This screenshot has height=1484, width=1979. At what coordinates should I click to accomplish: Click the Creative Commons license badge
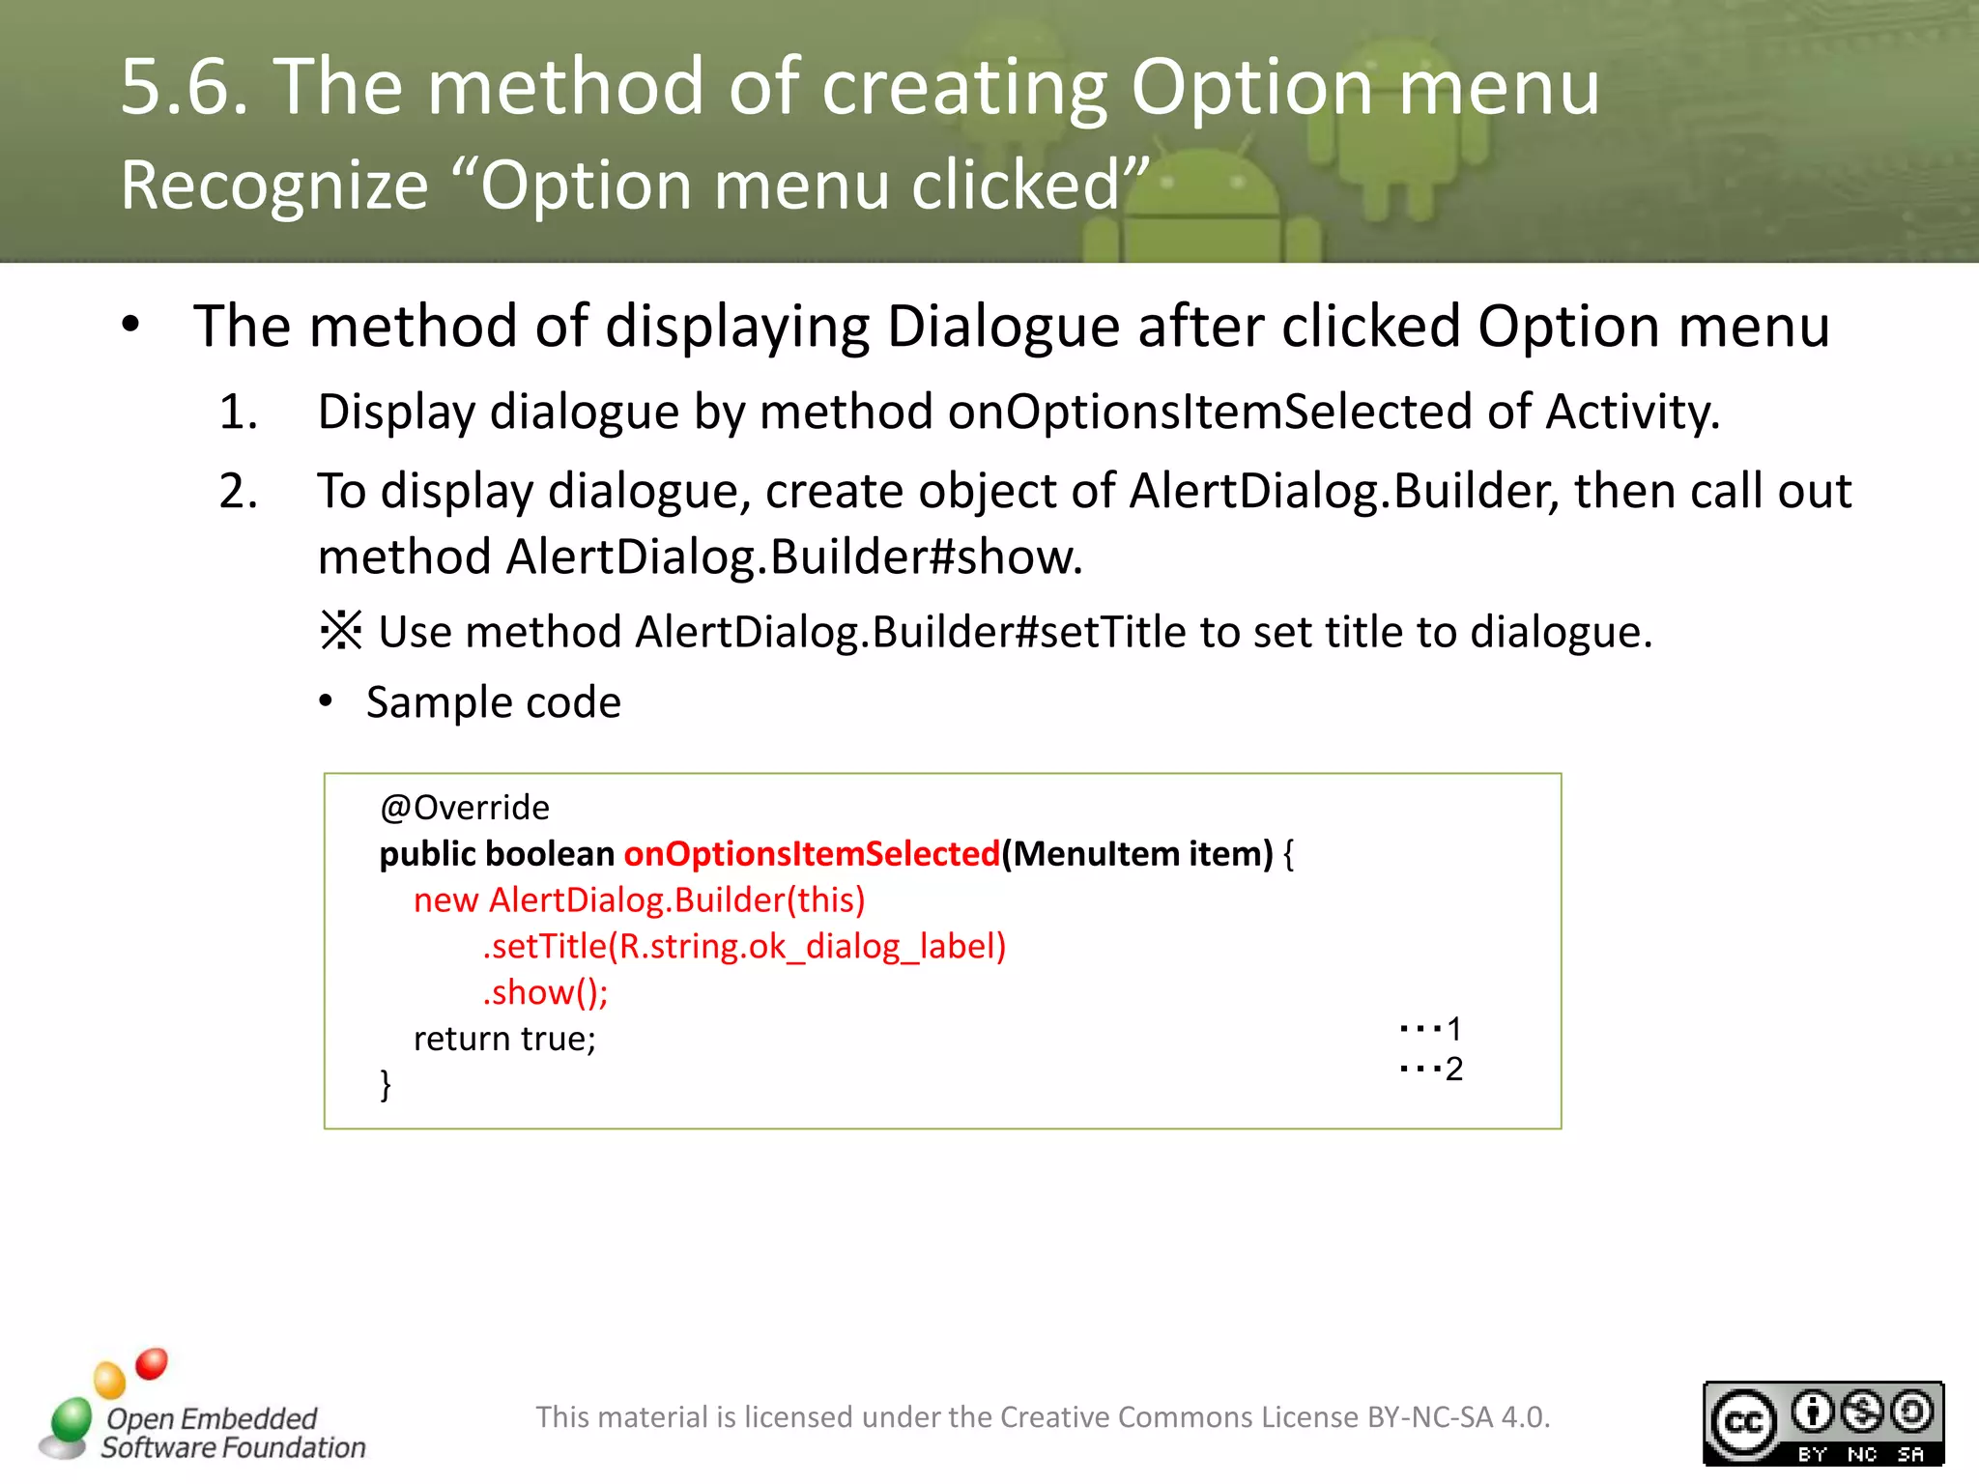[1822, 1422]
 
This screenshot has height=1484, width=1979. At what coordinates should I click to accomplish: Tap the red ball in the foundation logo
[152, 1363]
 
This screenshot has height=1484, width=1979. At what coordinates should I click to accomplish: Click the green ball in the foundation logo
[72, 1419]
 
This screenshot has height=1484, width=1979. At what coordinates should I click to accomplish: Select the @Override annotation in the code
[465, 807]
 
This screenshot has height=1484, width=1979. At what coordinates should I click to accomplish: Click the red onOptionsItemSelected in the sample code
[812, 854]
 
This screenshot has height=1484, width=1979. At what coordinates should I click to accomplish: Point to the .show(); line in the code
[545, 992]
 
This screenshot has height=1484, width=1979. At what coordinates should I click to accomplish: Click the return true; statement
[504, 1039]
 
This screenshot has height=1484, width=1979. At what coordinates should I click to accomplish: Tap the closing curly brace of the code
[386, 1084]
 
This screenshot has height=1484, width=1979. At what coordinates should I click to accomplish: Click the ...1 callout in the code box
[1431, 1028]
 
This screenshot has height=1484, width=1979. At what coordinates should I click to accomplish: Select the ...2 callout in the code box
[1431, 1069]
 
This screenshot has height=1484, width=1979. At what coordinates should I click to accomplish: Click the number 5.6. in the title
[184, 87]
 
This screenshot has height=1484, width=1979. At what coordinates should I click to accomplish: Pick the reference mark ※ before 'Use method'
[341, 632]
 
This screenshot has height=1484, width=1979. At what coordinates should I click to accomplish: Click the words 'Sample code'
[494, 702]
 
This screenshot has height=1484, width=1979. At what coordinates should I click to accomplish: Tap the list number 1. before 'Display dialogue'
[238, 413]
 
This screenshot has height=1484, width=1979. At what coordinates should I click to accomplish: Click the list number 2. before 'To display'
[238, 492]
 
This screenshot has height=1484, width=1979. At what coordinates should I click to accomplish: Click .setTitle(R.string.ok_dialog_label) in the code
[744, 946]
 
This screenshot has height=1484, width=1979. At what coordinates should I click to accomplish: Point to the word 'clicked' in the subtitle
[1015, 185]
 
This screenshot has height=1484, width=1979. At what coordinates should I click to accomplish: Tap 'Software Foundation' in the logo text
[234, 1447]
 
